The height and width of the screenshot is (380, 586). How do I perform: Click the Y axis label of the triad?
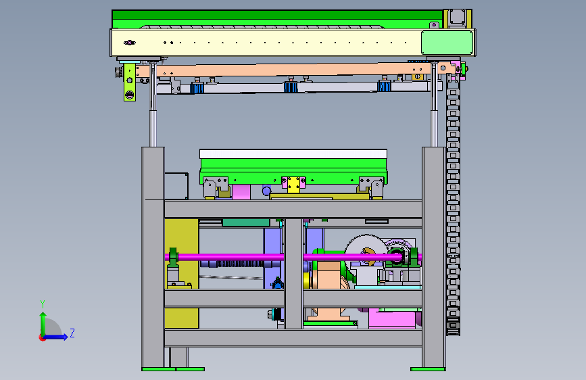coord(43,304)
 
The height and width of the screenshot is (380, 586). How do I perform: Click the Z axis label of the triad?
coord(72,333)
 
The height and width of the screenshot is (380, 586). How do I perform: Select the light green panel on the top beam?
coord(447,43)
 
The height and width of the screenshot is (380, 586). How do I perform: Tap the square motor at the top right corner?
coord(457,18)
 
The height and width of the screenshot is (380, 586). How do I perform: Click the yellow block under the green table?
coord(293,185)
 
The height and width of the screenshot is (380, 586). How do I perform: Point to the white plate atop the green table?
coord(293,153)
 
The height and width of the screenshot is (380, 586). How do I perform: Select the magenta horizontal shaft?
coord(293,257)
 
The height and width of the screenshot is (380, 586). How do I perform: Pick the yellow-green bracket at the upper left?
coord(129,82)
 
